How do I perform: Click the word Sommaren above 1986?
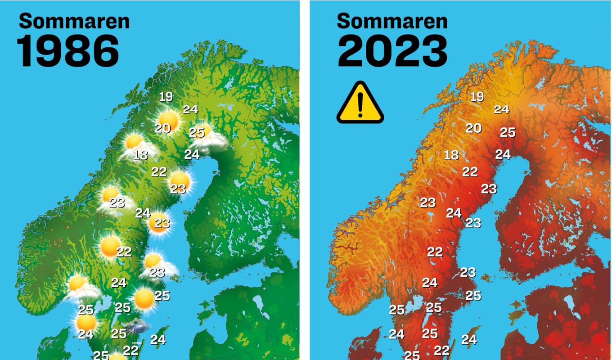click(74, 21)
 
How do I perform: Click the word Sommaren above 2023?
click(392, 21)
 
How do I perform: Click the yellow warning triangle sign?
click(360, 103)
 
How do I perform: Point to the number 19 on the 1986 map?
click(166, 96)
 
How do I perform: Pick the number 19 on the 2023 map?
click(477, 96)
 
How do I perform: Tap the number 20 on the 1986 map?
click(162, 128)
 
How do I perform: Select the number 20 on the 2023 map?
click(473, 128)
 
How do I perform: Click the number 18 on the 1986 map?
click(140, 155)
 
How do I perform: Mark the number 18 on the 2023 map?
click(451, 155)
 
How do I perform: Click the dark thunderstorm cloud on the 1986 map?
click(138, 327)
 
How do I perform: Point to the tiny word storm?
click(137, 343)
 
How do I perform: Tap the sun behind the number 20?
click(170, 120)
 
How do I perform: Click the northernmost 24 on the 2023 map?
click(501, 109)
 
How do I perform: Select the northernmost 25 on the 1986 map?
click(197, 132)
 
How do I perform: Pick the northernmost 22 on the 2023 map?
click(470, 171)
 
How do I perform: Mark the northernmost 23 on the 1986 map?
click(178, 189)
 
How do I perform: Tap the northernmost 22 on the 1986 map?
click(159, 171)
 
